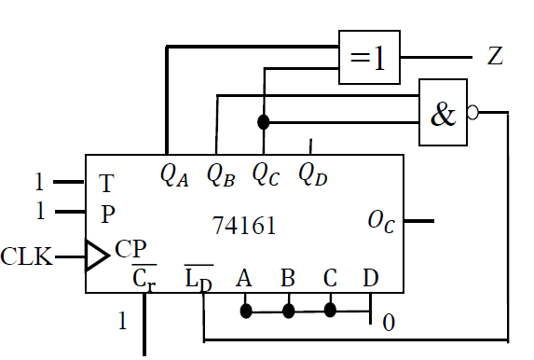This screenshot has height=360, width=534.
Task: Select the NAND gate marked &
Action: click(444, 113)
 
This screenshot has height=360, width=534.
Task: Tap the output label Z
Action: click(496, 57)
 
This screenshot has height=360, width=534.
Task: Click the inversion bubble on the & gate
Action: click(473, 113)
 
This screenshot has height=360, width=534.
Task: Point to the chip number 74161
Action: click(243, 227)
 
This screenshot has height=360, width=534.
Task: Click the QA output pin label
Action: click(174, 173)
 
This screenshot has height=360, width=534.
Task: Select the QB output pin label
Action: click(220, 173)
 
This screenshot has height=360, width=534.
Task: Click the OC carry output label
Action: click(380, 221)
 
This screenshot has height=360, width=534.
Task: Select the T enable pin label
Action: click(106, 183)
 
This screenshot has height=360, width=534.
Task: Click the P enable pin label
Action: click(107, 214)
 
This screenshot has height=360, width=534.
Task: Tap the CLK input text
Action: click(26, 255)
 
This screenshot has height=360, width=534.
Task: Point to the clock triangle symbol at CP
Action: click(96, 255)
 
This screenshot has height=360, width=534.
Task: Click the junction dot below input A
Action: click(246, 310)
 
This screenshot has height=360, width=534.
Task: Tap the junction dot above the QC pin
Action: click(264, 122)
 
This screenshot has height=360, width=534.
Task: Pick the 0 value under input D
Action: click(388, 323)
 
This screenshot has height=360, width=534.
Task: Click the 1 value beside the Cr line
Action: click(121, 323)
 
